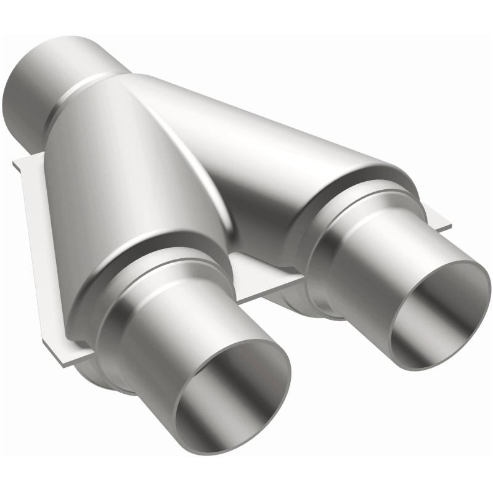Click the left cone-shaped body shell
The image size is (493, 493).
coord(123,185)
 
